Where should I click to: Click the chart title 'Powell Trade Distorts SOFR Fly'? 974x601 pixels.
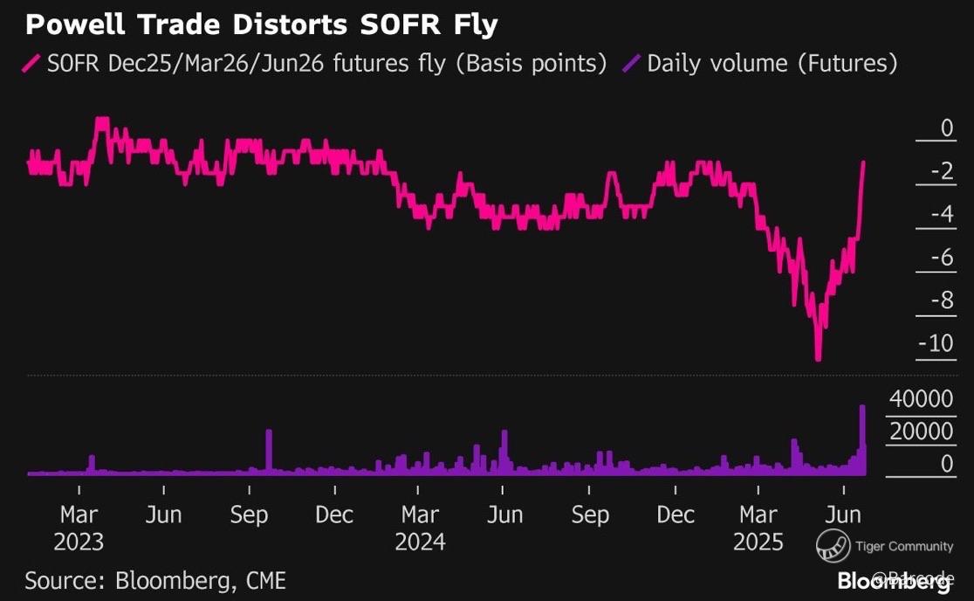pos(262,24)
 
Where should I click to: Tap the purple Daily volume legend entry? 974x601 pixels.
pos(759,64)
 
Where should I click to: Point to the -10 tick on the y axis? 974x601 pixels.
pos(935,343)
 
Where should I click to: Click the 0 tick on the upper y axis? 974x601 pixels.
pos(946,129)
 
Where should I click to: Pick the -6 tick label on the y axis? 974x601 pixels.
pos(940,258)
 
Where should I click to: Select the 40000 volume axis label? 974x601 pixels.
pos(921,399)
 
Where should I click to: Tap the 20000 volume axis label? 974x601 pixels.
pos(921,432)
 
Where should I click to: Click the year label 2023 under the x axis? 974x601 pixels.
pos(79,542)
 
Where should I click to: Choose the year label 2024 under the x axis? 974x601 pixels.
pos(420,542)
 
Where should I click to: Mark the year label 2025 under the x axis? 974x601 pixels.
pos(758,542)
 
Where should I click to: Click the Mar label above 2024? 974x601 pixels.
pos(420,515)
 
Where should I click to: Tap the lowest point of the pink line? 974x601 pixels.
pos(819,358)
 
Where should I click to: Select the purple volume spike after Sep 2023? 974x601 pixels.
pos(269,450)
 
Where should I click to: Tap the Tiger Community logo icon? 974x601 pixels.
pos(833,547)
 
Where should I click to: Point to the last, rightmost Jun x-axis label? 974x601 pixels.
pos(844,515)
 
